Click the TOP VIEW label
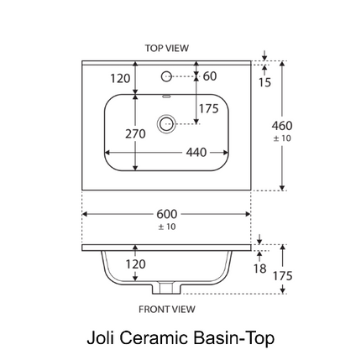pos(167,48)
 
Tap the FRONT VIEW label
pos(167,309)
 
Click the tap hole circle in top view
pos(166,76)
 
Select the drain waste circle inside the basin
pos(166,123)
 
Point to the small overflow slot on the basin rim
pos(166,97)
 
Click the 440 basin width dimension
pos(196,153)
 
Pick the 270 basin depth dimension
pos(135,134)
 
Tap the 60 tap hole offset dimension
pos(210,76)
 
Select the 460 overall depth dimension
pos(282,126)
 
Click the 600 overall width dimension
pos(167,214)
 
